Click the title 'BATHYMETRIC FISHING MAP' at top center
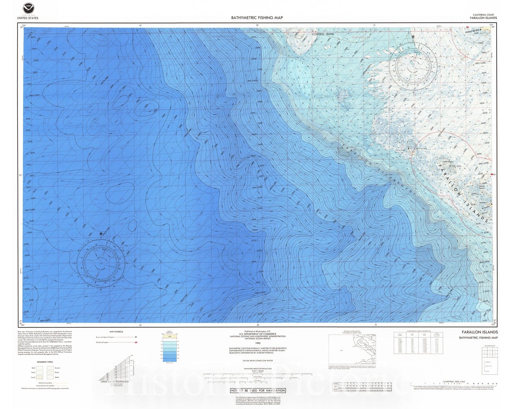coord(257,18)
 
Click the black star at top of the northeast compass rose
coord(413,37)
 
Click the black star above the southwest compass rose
coord(101,234)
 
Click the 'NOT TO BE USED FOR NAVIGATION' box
coord(258,390)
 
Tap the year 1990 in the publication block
coord(257,343)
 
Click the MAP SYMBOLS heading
coord(116,332)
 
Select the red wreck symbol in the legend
coord(136,342)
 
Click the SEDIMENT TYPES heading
coord(45,362)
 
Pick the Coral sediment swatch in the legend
coord(40,377)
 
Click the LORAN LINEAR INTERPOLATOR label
coord(115,382)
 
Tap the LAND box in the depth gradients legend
coord(170,337)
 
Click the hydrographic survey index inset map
coord(352,349)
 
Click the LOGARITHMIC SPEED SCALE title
coord(453,381)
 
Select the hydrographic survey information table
coord(418,343)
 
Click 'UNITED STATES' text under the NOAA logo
coord(28,18)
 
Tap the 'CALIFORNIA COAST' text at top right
coord(483,15)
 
